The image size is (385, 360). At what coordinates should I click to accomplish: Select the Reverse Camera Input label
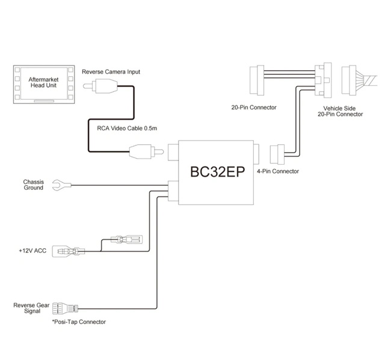point(111,72)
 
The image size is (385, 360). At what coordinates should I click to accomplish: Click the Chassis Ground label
point(34,185)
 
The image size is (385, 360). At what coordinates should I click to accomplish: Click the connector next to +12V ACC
point(66,250)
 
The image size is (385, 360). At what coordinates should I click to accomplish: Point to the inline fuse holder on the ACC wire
point(126,240)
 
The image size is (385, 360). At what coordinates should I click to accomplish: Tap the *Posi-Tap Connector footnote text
point(79,322)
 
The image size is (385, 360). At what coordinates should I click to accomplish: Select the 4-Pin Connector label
point(277,171)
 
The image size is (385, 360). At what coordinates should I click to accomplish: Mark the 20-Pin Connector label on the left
point(253,108)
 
